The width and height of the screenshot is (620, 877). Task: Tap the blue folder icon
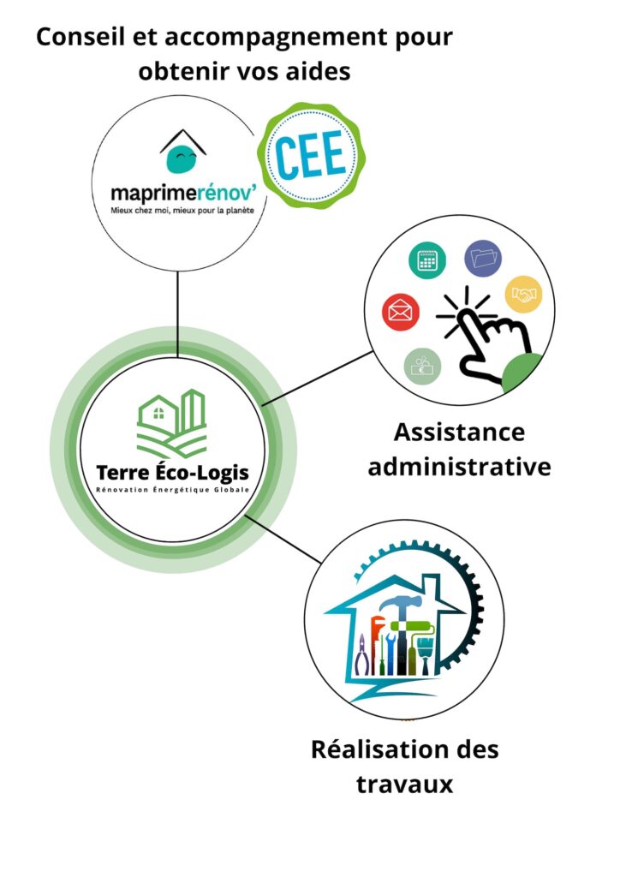tap(482, 258)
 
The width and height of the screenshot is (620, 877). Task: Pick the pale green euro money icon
tap(422, 367)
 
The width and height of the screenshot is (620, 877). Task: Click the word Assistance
tap(459, 433)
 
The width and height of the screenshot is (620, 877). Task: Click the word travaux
tap(406, 785)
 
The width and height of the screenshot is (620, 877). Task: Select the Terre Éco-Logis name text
tap(174, 474)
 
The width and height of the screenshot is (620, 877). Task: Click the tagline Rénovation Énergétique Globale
tap(173, 491)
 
